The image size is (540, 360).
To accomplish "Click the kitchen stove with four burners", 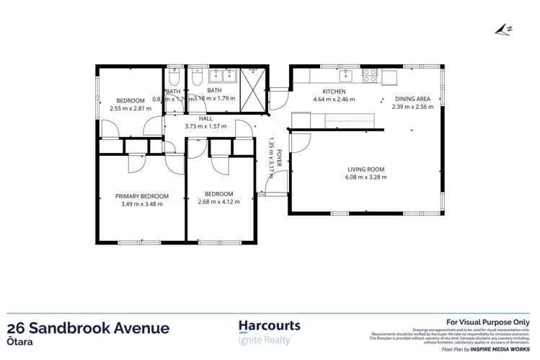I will coord(369,72).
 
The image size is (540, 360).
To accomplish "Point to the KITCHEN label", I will coord(335,92).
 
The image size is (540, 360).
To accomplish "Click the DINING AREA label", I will coord(412,99).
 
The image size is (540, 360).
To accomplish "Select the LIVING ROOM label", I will coord(366,170).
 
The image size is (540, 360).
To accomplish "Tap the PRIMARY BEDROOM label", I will coord(141,196).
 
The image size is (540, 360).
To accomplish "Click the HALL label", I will coord(205,118).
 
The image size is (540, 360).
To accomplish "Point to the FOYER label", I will coord(279,157).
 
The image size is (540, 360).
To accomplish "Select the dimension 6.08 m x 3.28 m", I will coord(366,177).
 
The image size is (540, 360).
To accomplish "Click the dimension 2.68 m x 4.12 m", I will coord(218,202).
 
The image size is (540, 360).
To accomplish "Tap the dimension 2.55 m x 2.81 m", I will coord(130,108).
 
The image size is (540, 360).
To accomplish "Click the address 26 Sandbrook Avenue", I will coord(89,328).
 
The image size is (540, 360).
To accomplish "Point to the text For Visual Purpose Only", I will coord(488,322).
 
